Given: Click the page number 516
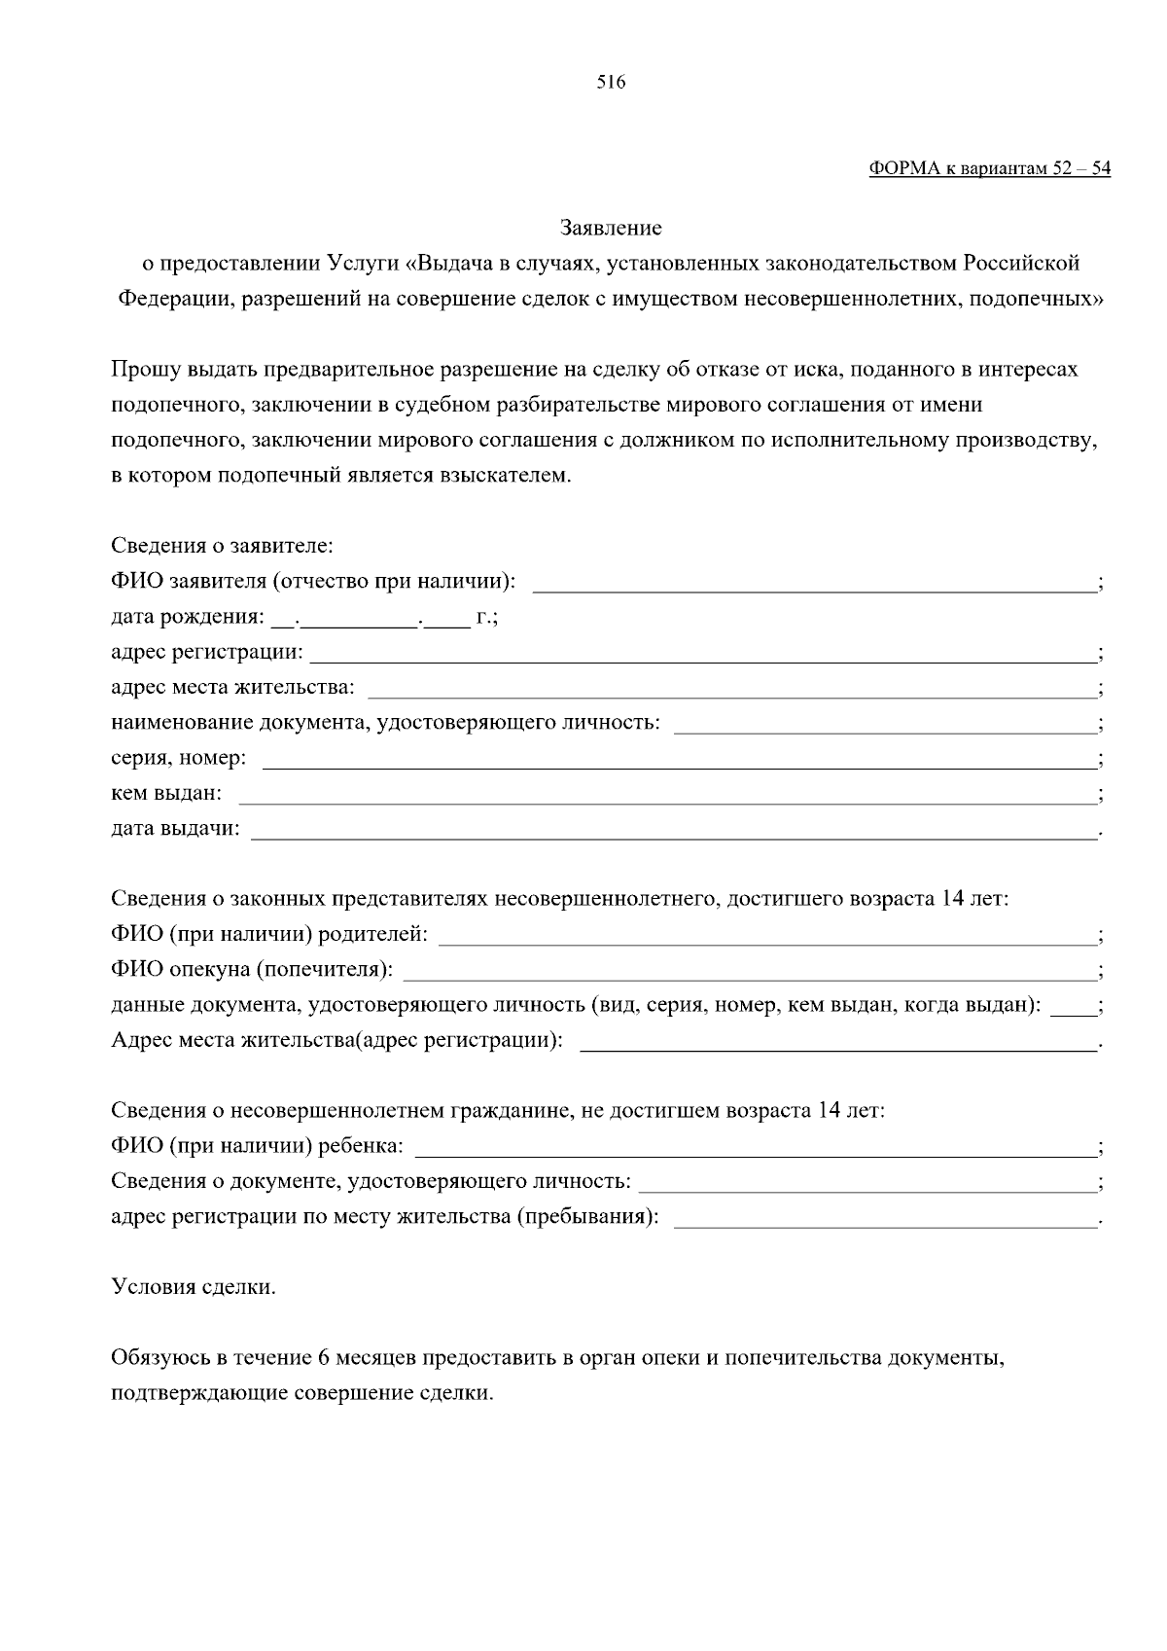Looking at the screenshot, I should point(611,83).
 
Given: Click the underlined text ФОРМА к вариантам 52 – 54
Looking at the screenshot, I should point(989,168).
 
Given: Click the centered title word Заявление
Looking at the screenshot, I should point(611,228).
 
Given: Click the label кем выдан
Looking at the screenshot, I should point(166,794).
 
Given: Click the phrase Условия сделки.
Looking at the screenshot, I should point(194,1287).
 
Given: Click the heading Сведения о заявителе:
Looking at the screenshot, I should point(222,546).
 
